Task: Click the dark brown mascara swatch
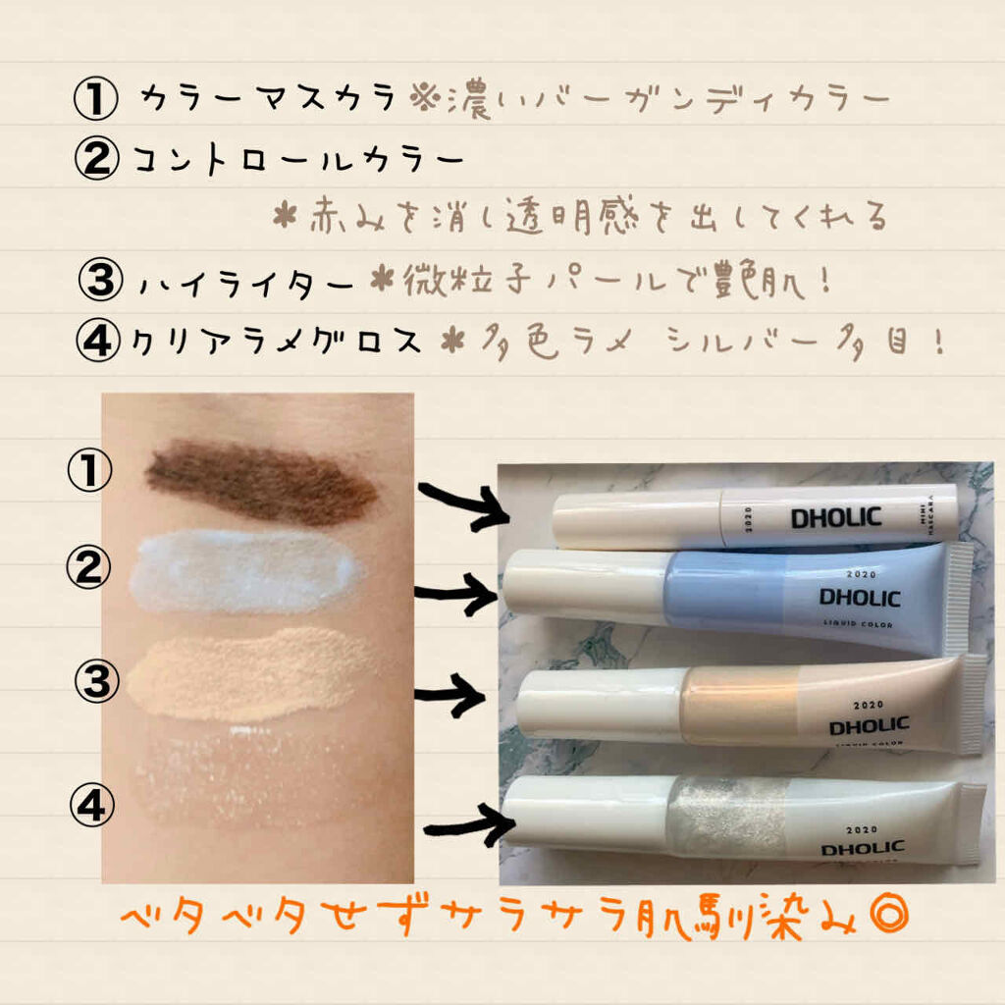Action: pos(260,481)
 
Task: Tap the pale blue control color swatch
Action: pos(245,571)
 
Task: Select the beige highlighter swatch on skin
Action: pos(245,672)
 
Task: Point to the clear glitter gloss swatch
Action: pos(255,770)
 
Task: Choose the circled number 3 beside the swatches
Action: pos(96,681)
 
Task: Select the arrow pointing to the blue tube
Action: pos(456,594)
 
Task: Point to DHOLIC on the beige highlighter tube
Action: pos(869,726)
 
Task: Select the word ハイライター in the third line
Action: pos(245,286)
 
